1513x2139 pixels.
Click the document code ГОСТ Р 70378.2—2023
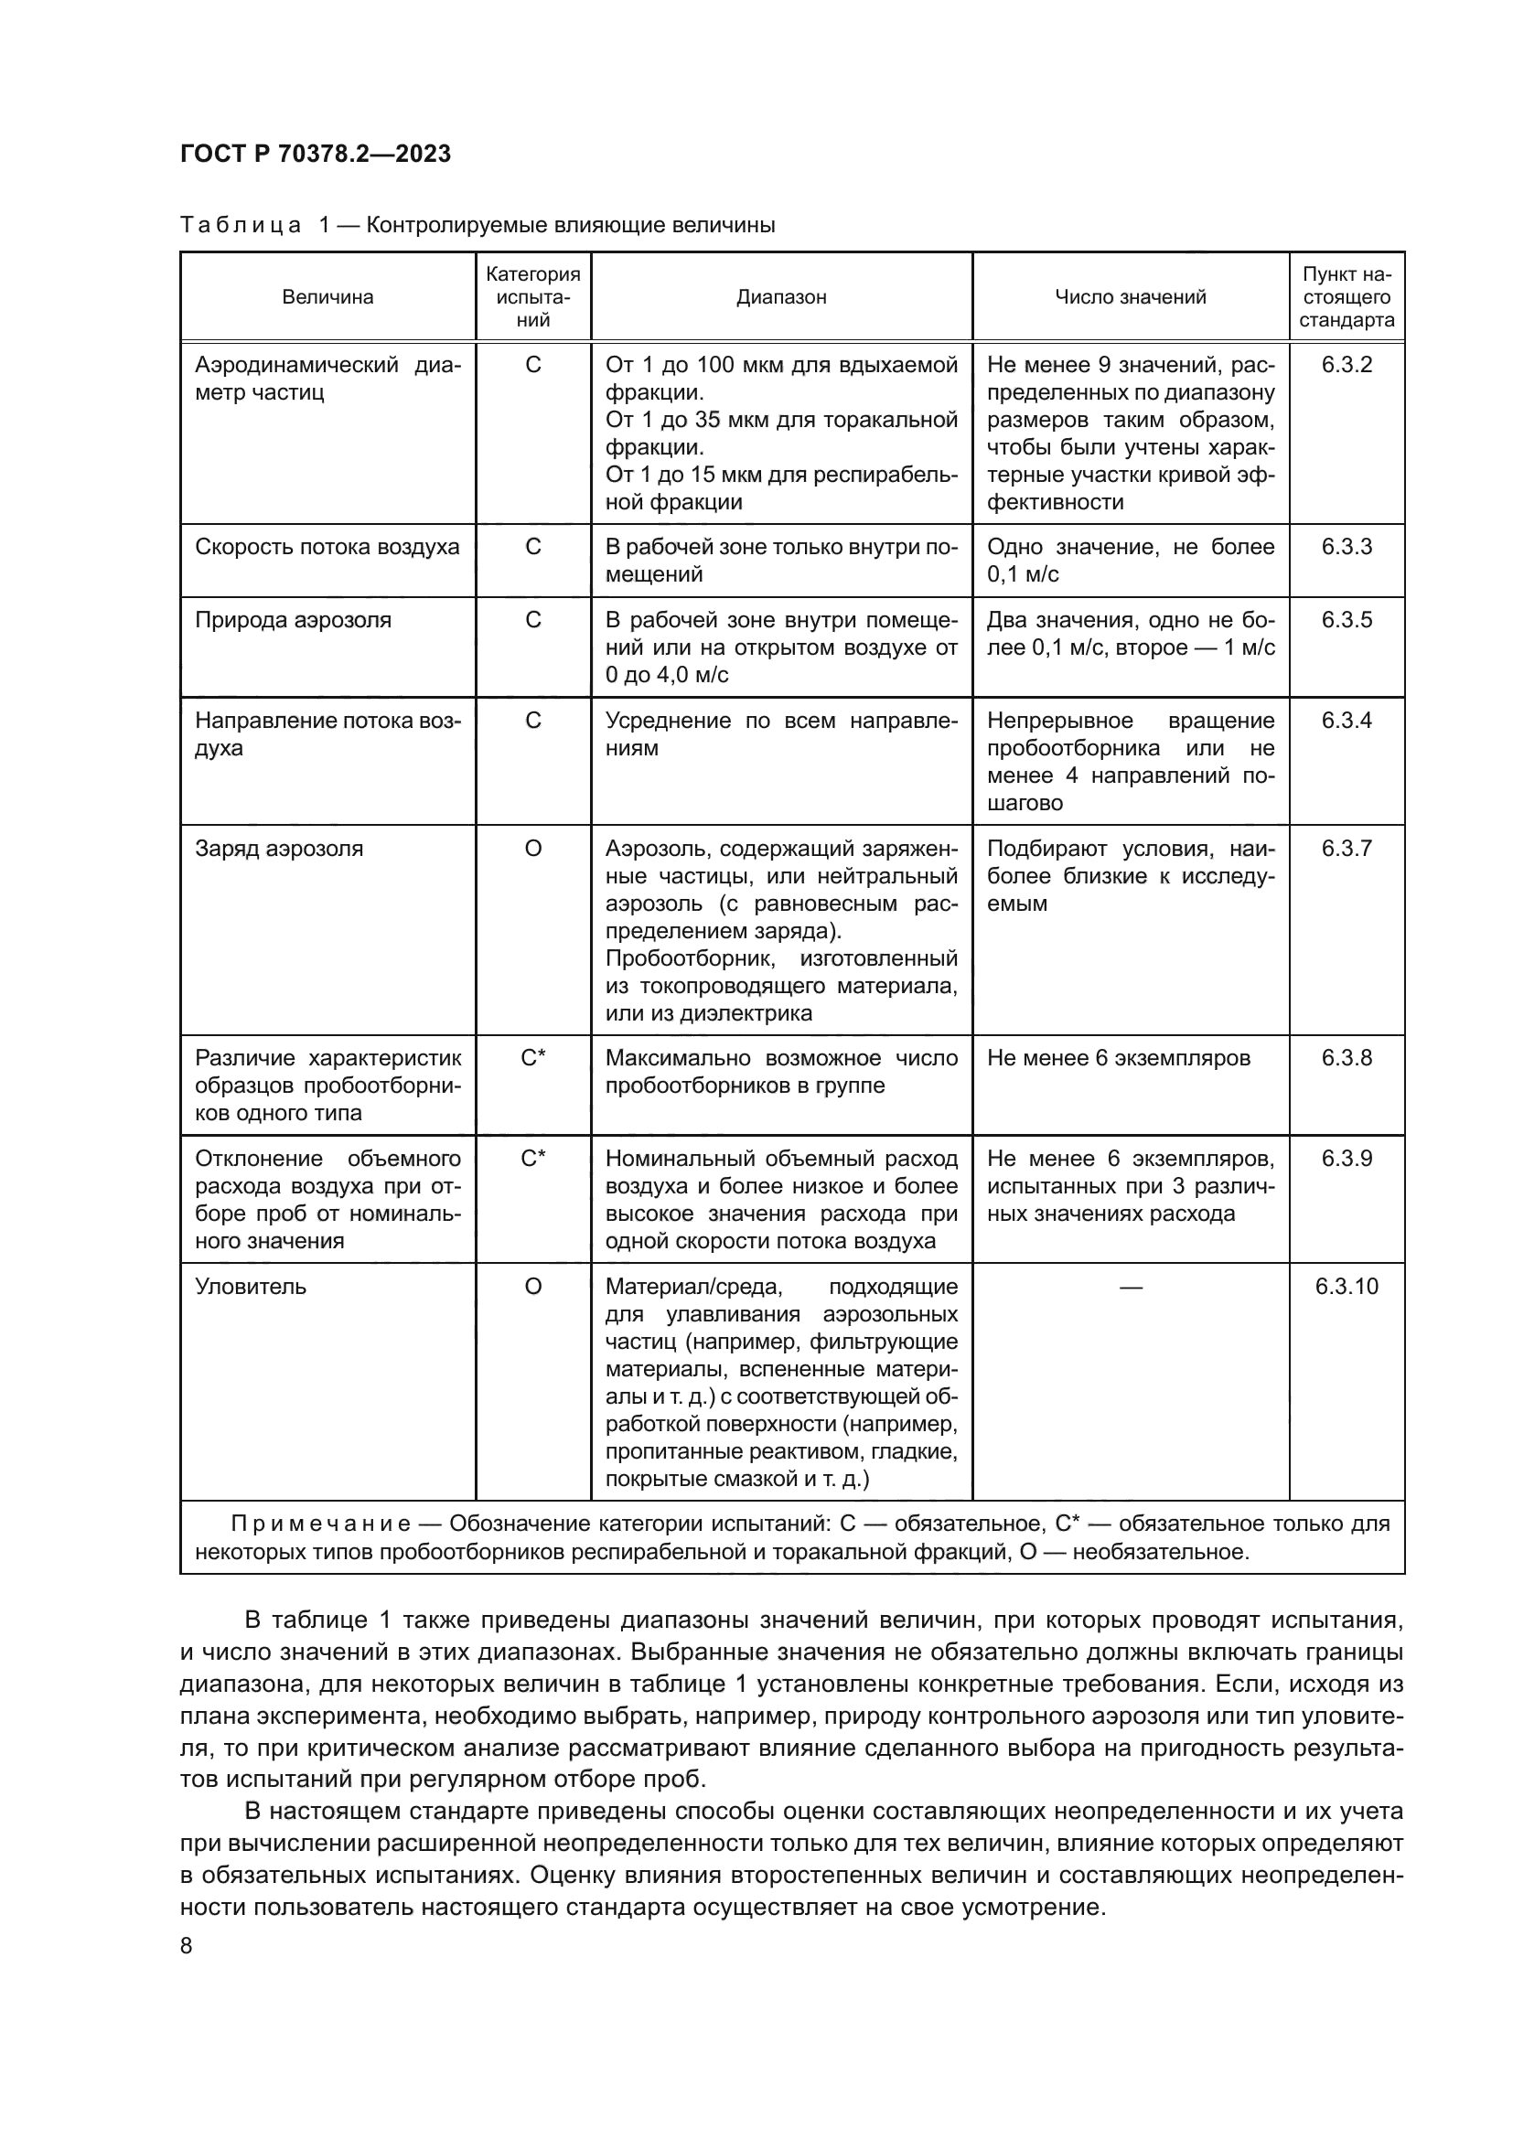click(315, 154)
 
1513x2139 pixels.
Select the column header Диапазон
click(780, 297)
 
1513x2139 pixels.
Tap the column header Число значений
click(1130, 297)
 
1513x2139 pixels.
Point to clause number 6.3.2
click(1347, 364)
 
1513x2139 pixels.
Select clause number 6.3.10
click(1347, 1287)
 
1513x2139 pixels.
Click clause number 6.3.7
click(1347, 849)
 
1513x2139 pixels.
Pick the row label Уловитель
click(250, 1287)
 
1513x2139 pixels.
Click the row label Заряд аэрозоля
click(279, 849)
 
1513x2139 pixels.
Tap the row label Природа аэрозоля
click(293, 620)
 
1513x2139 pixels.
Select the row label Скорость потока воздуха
click(327, 547)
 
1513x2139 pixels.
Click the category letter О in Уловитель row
click(533, 1287)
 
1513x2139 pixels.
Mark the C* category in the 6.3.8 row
click(533, 1058)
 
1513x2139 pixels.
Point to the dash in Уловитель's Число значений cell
click(1130, 1287)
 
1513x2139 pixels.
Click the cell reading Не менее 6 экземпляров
click(1118, 1058)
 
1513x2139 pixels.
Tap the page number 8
click(187, 1946)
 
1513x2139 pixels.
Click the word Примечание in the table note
click(319, 1524)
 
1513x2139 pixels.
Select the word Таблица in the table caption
click(241, 226)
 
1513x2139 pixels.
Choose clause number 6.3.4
click(1347, 721)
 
